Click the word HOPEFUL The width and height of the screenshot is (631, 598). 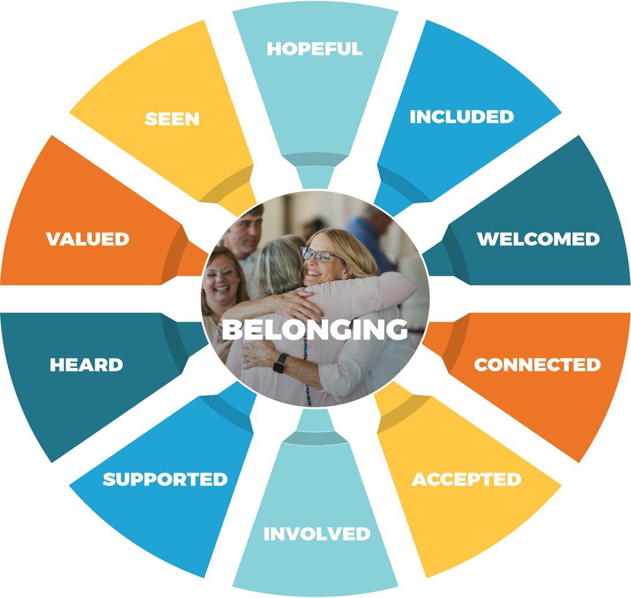[x=314, y=49]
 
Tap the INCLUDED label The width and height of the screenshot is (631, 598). [x=461, y=116]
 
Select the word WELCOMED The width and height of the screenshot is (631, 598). [x=538, y=239]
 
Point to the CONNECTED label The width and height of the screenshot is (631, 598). [x=537, y=364]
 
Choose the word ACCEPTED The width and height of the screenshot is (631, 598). [x=466, y=479]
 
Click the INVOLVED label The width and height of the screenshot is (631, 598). [x=317, y=533]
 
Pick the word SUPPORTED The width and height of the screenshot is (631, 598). [x=165, y=479]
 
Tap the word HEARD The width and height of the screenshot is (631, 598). [x=87, y=364]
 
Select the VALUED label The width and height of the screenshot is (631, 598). [x=88, y=239]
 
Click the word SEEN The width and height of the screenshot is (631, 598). [x=172, y=119]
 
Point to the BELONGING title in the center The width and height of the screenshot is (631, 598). [x=315, y=329]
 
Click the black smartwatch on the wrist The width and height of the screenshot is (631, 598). [x=281, y=363]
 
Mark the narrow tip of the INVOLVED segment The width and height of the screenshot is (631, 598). [x=315, y=421]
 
